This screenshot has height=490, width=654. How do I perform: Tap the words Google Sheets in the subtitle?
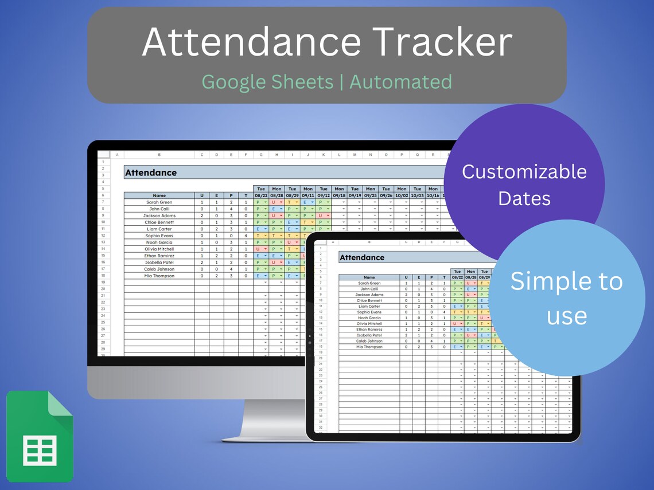(267, 81)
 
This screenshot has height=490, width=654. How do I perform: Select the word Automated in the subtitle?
(400, 81)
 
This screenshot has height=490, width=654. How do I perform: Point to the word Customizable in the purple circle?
(524, 171)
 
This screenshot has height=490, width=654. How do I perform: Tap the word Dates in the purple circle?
(524, 198)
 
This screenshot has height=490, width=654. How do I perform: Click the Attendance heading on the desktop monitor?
(151, 173)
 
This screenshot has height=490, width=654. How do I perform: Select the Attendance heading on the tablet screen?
(361, 257)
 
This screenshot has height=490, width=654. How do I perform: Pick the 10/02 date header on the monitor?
(402, 195)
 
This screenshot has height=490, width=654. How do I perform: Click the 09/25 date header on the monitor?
(371, 195)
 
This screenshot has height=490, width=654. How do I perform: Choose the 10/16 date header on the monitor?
(433, 195)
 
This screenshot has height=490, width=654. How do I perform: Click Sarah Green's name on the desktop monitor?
(159, 202)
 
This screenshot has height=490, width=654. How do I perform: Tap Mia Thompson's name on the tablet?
(369, 347)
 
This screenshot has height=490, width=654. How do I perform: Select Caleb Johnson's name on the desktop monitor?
(159, 269)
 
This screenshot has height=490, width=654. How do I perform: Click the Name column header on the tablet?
(369, 277)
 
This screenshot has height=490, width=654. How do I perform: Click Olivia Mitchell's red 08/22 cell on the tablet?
(457, 324)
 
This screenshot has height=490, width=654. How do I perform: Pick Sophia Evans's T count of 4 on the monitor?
(246, 236)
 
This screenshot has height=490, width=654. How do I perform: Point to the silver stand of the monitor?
(270, 421)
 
